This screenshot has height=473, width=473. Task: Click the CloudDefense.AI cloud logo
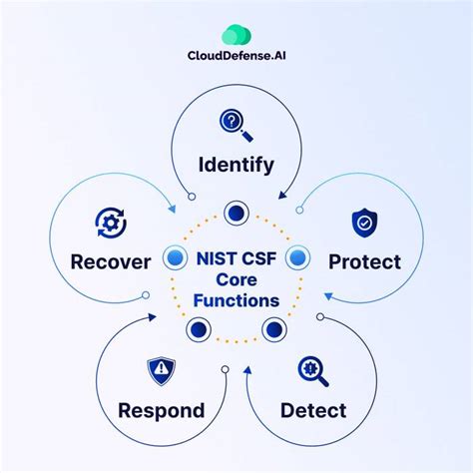coord(236,35)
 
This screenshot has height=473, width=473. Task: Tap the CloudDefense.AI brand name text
coord(236,69)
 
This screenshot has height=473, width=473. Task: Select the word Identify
coord(236,164)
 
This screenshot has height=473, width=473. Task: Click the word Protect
coord(364,262)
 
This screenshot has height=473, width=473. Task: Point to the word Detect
coord(313,410)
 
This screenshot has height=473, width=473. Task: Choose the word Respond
coord(161,410)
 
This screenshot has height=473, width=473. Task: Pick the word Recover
coord(111,262)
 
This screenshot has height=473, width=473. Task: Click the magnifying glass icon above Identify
coord(236,124)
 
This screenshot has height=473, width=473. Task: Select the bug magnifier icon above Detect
coord(312,371)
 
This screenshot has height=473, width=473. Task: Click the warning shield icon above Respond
coord(161,371)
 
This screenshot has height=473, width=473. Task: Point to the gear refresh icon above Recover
coord(110,222)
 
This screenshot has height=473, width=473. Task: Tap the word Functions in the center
coord(236,299)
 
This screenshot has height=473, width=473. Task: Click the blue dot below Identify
coord(236,212)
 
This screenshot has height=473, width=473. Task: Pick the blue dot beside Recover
coord(176,258)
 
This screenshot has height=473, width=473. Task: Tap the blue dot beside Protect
coord(296,258)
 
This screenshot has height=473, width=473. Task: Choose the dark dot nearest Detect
coord(273,328)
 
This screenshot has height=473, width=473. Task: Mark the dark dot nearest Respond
coord(199,328)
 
